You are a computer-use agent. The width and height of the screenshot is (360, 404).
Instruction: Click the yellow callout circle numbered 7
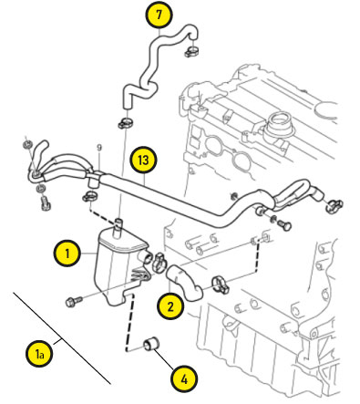click(159, 16)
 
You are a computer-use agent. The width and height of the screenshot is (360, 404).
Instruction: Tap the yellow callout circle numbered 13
click(143, 160)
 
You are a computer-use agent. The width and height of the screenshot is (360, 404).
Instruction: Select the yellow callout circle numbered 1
click(67, 253)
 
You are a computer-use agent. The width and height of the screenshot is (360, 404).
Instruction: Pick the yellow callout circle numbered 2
click(170, 306)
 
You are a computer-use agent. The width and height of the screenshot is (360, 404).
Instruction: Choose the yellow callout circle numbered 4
click(184, 379)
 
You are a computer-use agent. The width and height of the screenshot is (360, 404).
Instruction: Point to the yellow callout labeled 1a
click(39, 354)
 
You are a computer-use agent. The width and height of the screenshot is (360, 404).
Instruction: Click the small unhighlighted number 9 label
click(99, 148)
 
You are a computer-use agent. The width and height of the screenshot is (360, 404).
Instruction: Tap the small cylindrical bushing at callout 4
click(151, 344)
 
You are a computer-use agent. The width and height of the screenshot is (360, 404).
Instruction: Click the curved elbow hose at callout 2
click(184, 283)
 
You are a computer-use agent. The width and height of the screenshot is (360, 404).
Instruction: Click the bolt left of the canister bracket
click(74, 301)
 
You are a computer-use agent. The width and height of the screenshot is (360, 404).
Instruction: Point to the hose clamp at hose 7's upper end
click(191, 51)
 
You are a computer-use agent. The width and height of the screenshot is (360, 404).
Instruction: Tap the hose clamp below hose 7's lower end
click(126, 122)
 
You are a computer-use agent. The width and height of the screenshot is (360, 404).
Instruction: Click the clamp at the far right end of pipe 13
click(334, 205)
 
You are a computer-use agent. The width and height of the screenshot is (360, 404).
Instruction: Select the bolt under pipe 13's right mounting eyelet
click(283, 224)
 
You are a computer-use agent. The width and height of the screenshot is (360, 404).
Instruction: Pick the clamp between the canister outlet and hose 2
click(159, 262)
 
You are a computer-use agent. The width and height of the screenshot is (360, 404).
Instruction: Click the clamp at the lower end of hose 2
click(221, 284)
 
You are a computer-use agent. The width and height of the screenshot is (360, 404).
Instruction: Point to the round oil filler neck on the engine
click(278, 125)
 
